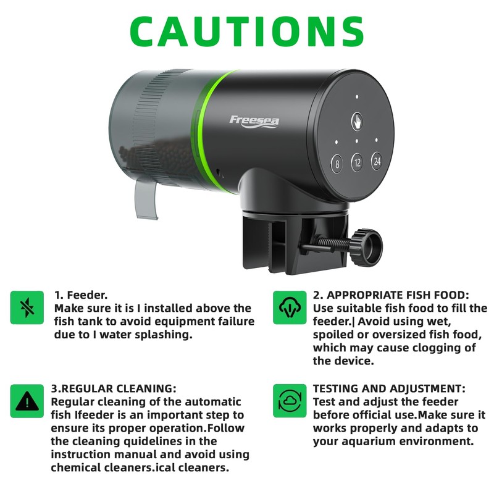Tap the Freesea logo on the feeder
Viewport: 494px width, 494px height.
click(x=254, y=120)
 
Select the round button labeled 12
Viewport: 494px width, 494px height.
click(x=357, y=164)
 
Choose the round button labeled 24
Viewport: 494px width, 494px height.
click(x=377, y=161)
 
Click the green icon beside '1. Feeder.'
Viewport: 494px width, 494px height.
click(x=27, y=308)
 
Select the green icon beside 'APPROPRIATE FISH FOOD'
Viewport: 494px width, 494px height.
click(x=289, y=308)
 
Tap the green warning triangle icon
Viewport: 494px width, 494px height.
click(x=27, y=401)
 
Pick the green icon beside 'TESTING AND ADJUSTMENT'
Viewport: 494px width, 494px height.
click(x=289, y=401)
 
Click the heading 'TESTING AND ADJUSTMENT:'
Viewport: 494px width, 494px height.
click(x=390, y=389)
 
